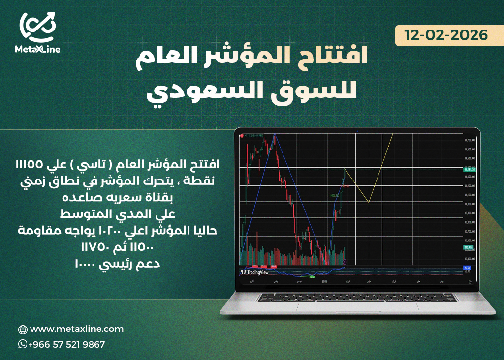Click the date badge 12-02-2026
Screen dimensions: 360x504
pyautogui.click(x=446, y=35)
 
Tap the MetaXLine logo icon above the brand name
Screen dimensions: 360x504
pyautogui.click(x=38, y=28)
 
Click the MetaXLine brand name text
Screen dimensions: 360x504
pyautogui.click(x=38, y=49)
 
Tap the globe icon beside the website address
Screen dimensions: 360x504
pyautogui.click(x=23, y=330)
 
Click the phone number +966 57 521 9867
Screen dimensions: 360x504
pyautogui.click(x=66, y=345)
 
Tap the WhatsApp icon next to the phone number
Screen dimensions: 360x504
pyautogui.click(x=23, y=344)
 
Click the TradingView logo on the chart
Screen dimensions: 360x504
pyautogui.click(x=254, y=271)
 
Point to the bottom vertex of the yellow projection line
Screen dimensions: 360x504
pyautogui.click(x=369, y=202)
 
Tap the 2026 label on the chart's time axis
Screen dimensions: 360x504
pyautogui.click(x=324, y=282)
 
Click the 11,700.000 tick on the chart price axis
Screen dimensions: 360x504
pyautogui.click(x=469, y=141)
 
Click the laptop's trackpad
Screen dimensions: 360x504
pyautogui.click(x=357, y=305)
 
